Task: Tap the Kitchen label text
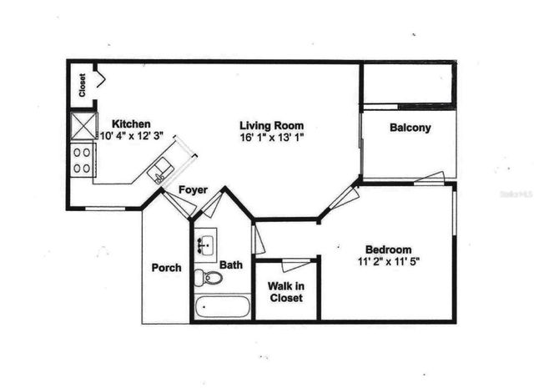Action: [x=131, y=123]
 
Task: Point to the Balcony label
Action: [x=410, y=128]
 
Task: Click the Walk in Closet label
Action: [x=285, y=291]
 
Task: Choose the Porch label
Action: [x=166, y=268]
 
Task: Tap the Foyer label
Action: [x=193, y=190]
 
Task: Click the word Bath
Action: [x=231, y=265]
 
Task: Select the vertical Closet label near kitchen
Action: [x=83, y=85]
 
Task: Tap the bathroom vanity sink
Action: [x=204, y=244]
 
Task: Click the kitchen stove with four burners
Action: [x=82, y=160]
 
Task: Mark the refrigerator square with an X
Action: [x=83, y=128]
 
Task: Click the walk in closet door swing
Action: [x=295, y=265]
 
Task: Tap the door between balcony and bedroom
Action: [x=430, y=177]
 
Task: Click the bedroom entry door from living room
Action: [x=344, y=200]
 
